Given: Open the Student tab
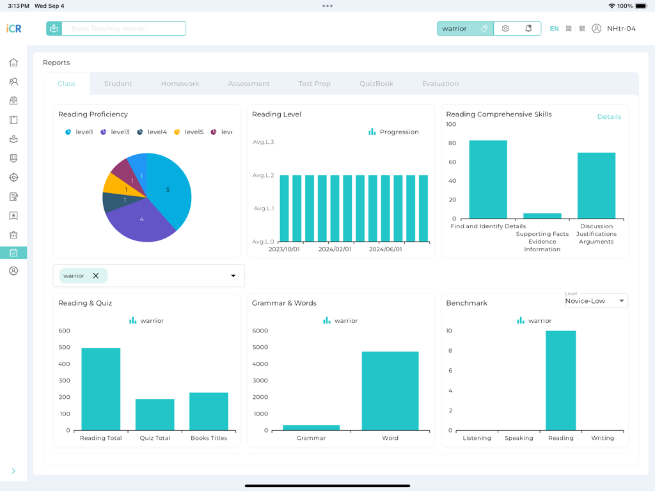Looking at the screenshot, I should tap(118, 84).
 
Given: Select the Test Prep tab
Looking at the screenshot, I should tap(314, 84).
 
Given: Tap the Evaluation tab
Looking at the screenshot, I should tap(440, 84).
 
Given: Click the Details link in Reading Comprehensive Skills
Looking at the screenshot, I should tap(608, 117).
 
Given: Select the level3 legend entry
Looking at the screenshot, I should tap(115, 132).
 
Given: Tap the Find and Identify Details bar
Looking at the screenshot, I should tap(488, 180).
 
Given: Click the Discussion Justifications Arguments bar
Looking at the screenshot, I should tap(596, 185).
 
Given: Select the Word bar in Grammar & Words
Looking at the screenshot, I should tap(390, 391).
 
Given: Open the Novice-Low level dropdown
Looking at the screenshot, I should tap(595, 300).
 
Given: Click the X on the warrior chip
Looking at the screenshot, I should tap(96, 276).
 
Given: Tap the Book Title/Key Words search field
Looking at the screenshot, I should tap(123, 29).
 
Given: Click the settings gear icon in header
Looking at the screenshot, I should tap(505, 29).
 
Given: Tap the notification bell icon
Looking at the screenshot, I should tap(528, 29).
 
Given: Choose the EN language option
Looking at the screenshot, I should tap(554, 29).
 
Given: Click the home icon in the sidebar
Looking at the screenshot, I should tap(13, 63).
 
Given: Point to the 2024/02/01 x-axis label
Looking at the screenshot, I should tap(335, 249).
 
